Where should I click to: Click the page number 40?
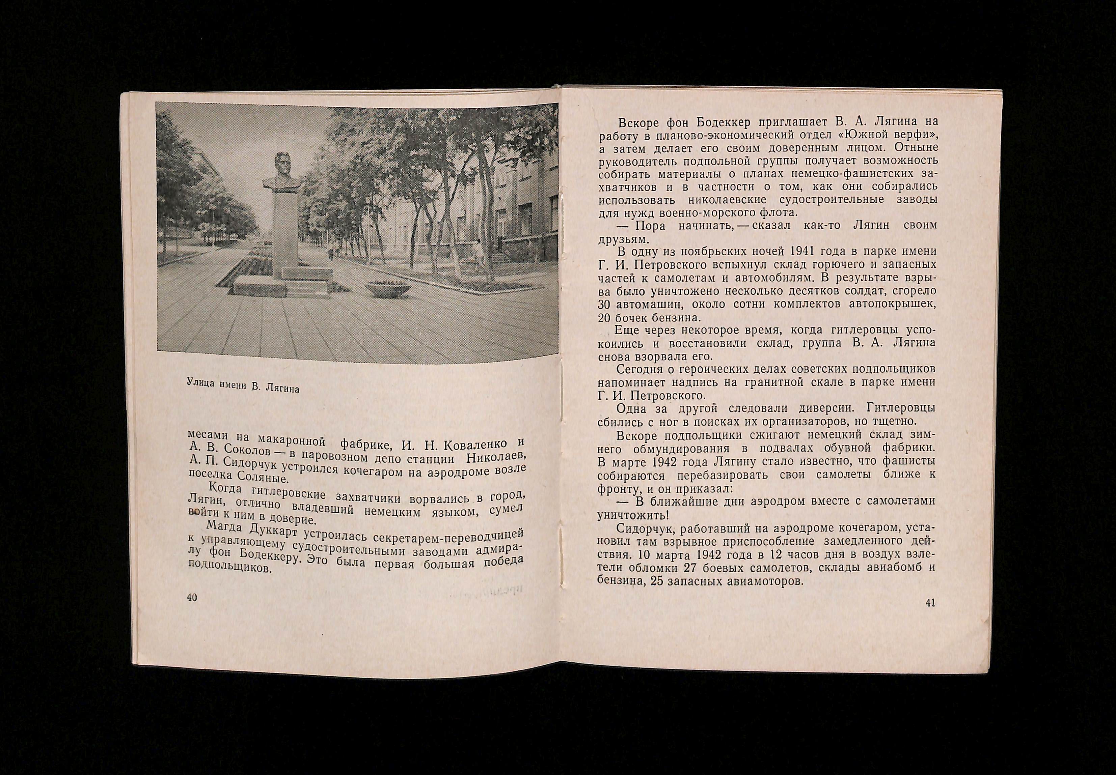192,597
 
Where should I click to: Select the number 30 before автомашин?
604,305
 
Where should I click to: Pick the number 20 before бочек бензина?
604,318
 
